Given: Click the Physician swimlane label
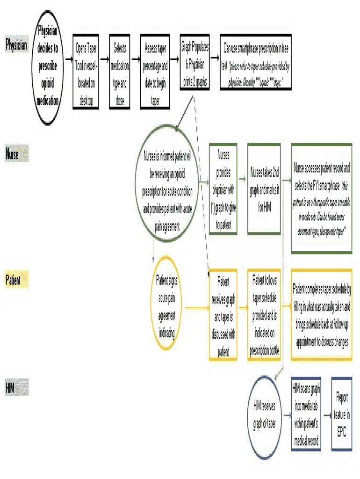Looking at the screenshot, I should pyautogui.click(x=16, y=45).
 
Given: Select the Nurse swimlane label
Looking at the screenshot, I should pyautogui.click(x=16, y=153).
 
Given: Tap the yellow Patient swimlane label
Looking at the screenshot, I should pyautogui.click(x=16, y=280).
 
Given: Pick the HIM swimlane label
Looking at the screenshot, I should pyautogui.click(x=16, y=388).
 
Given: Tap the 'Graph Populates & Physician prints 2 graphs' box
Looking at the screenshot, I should pyautogui.click(x=194, y=62).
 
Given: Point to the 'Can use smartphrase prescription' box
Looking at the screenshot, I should pyautogui.click(x=256, y=62).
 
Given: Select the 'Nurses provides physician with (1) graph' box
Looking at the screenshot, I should pyautogui.click(x=223, y=189).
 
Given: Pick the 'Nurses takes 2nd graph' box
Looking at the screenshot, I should pyautogui.click(x=264, y=189).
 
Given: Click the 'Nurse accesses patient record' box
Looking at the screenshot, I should pyautogui.click(x=321, y=198).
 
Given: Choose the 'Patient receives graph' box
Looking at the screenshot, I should pyautogui.click(x=223, y=315).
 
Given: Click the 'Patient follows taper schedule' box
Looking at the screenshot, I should pyautogui.click(x=264, y=314).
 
